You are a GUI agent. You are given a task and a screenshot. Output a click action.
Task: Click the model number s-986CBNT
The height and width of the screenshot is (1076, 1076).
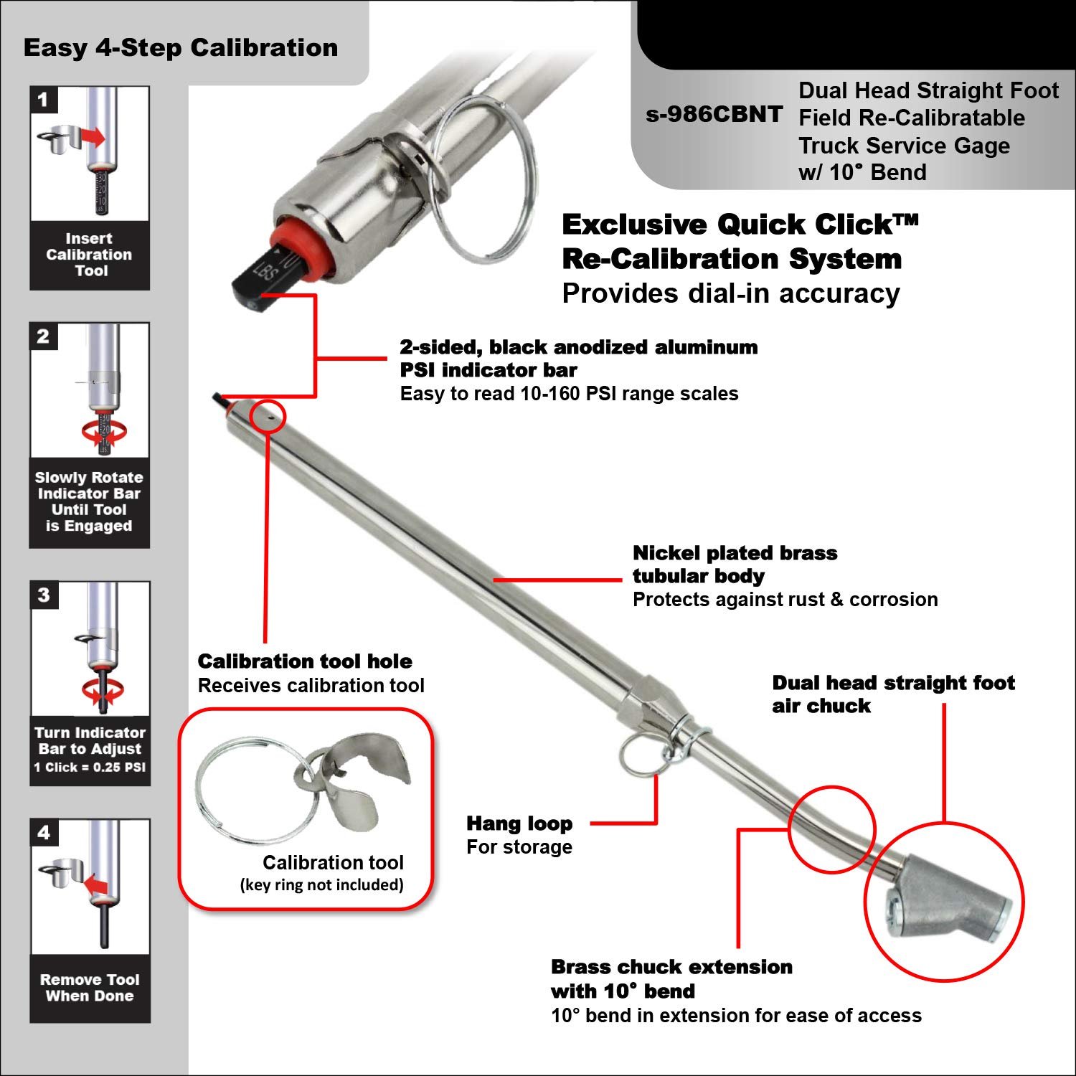tap(714, 114)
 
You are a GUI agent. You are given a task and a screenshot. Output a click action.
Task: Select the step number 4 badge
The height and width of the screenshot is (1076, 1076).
tap(44, 832)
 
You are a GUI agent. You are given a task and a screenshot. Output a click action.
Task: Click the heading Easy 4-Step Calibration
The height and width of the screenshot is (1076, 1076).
tap(181, 48)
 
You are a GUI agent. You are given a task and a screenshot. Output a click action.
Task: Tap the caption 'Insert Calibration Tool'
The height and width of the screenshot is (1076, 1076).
tap(89, 255)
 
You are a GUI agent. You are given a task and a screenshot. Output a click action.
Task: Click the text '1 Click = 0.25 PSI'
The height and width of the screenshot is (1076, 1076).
tap(90, 768)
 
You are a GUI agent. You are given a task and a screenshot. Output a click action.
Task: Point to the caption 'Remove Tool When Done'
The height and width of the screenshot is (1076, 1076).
tap(89, 988)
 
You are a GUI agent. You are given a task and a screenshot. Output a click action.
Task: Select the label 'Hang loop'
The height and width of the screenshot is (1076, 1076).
tap(519, 823)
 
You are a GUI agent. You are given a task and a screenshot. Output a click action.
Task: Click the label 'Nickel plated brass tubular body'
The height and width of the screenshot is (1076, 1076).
tap(735, 565)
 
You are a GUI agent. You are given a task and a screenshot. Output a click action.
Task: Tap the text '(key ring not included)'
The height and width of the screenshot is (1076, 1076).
tap(321, 884)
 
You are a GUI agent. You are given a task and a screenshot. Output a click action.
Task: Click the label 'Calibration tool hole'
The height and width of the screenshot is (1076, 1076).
tap(305, 661)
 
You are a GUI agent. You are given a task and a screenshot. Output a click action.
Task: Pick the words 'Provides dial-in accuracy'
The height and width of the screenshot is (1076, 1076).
tap(730, 293)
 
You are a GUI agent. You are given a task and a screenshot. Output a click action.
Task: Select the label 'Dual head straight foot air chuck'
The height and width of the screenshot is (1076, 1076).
tap(893, 694)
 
